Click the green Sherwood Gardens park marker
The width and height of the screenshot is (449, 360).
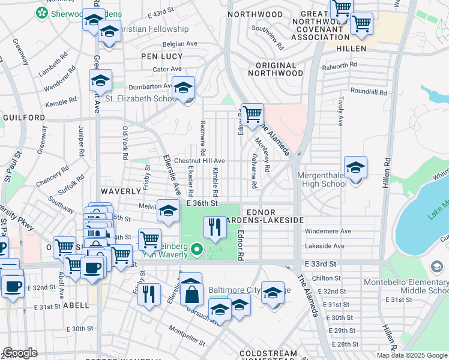[42, 13]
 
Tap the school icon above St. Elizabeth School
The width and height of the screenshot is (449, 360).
[183, 89]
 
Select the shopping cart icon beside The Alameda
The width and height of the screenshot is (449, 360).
[252, 113]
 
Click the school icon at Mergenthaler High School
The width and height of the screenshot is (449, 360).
[355, 169]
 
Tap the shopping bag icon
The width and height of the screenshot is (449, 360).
[191, 295]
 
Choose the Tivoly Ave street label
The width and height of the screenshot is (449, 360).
[340, 111]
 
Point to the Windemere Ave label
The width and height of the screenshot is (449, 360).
[328, 231]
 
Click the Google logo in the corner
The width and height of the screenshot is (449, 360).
[20, 353]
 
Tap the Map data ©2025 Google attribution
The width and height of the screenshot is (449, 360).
[412, 355]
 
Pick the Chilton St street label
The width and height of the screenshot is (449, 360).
[328, 278]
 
